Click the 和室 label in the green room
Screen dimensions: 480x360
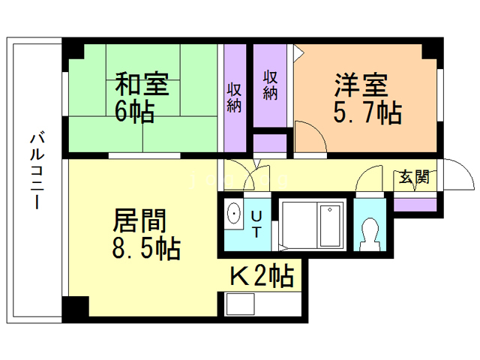click(x=142, y=83)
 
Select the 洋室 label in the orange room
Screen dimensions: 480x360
click(x=361, y=85)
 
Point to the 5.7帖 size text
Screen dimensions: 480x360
click(x=367, y=112)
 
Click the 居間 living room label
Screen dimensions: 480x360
click(x=139, y=220)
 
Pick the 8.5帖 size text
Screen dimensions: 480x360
click(x=146, y=248)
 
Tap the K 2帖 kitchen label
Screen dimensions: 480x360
click(x=262, y=275)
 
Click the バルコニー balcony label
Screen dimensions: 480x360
click(x=37, y=170)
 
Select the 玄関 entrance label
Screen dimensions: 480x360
click(x=414, y=177)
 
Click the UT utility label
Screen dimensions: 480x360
click(x=256, y=224)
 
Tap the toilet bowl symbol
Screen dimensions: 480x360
click(x=370, y=234)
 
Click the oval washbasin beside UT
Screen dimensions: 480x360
click(x=234, y=213)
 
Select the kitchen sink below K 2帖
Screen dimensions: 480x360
click(x=240, y=304)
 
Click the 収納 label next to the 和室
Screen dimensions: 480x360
click(x=234, y=97)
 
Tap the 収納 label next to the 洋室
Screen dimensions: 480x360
click(x=270, y=85)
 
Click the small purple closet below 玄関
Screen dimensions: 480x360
click(x=415, y=205)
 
